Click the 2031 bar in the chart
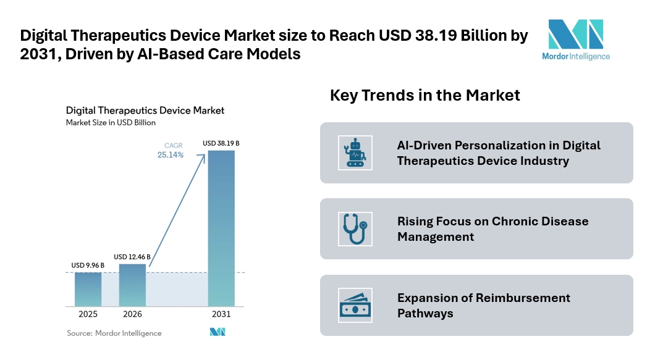point(221,228)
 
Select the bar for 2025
point(88,289)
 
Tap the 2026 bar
point(132,285)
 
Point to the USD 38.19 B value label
point(221,144)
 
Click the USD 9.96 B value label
point(88,266)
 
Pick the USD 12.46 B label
point(132,256)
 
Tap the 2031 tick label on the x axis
point(221,314)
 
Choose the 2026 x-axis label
point(132,314)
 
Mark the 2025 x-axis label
point(88,314)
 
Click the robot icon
point(355,153)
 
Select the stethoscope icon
point(355,228)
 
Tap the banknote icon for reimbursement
point(355,305)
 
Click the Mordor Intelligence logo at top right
point(578,40)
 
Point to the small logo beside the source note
point(218,332)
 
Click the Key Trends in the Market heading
point(425,96)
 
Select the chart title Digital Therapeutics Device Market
point(145,111)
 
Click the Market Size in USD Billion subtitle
point(111,122)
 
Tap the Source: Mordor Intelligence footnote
point(114,333)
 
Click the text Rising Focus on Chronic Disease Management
point(492,228)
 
